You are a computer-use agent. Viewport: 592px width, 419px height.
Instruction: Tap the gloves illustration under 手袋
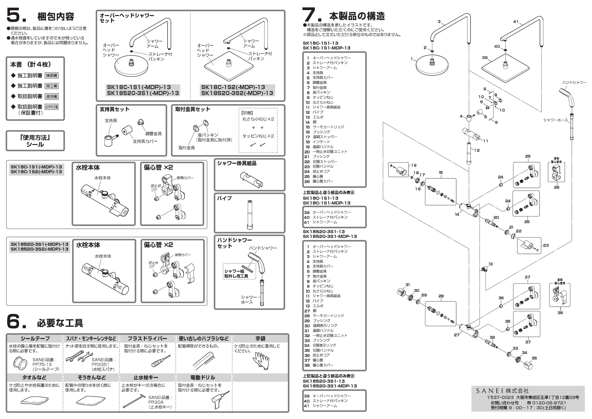[261, 360]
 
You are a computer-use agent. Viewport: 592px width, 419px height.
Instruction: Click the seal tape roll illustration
[20, 364]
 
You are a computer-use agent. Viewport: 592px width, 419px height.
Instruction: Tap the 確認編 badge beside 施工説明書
[52, 75]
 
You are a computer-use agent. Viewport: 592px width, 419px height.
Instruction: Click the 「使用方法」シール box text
[35, 141]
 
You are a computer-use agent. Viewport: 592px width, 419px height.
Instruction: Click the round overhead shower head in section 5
[131, 65]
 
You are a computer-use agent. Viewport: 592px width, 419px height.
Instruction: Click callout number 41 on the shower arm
[516, 21]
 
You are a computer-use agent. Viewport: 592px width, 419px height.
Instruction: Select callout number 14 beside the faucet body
[457, 214]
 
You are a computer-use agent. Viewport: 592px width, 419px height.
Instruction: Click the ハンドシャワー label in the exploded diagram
[574, 83]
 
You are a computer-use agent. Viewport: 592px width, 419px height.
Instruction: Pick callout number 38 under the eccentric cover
[560, 313]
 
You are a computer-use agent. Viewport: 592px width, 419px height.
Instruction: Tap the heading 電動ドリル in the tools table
[203, 377]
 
